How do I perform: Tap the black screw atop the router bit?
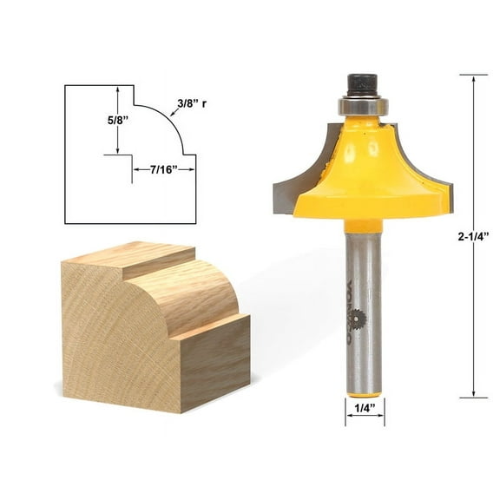pos(361,85)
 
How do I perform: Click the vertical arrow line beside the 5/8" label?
pos(118,122)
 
